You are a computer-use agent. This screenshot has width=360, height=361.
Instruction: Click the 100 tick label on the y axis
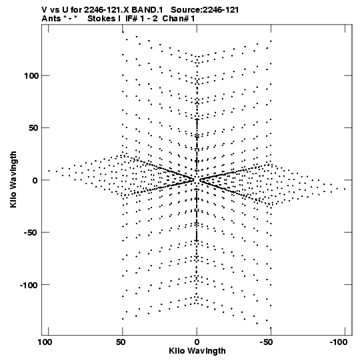pyautogui.click(x=31, y=76)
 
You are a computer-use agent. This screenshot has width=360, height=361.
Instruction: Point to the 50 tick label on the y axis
pyautogui.click(x=33, y=128)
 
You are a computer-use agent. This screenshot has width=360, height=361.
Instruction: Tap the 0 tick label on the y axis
pyautogui.click(x=35, y=180)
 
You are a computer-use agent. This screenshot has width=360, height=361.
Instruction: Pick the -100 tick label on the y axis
pyautogui.click(x=29, y=285)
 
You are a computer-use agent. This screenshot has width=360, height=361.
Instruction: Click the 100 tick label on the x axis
pyautogui.click(x=45, y=342)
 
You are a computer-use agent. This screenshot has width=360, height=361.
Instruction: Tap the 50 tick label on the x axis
pyautogui.click(x=121, y=342)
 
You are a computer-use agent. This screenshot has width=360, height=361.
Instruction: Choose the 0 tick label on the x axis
pyautogui.click(x=197, y=342)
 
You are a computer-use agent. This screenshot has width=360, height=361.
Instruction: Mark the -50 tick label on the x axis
pyautogui.click(x=267, y=342)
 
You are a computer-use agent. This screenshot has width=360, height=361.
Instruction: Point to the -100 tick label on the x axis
pyautogui.click(x=339, y=342)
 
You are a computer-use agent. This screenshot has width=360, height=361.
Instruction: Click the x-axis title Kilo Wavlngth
pyautogui.click(x=197, y=352)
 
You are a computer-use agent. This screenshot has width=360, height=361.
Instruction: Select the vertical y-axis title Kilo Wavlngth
pyautogui.click(x=13, y=179)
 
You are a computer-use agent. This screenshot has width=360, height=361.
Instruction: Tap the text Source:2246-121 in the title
pyautogui.click(x=205, y=10)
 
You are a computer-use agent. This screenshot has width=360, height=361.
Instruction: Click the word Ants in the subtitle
pyautogui.click(x=51, y=19)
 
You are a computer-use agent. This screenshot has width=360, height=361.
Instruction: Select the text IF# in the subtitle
pyautogui.click(x=132, y=19)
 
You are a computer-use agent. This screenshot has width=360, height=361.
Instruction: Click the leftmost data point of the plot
pyautogui.click(x=49, y=171)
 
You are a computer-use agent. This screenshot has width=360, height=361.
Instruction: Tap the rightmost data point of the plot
pyautogui.click(x=345, y=190)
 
